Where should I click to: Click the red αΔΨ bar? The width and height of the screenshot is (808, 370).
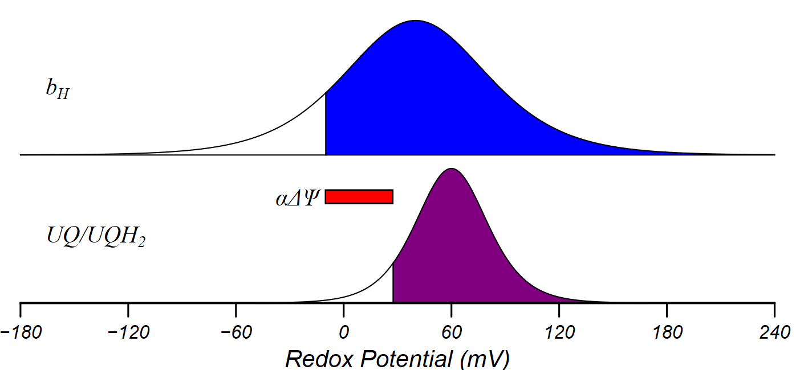[x=359, y=196]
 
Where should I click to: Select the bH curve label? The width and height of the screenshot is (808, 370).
[x=58, y=91]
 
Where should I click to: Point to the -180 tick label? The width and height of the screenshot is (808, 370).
[x=21, y=331]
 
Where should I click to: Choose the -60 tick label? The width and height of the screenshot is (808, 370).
[x=236, y=331]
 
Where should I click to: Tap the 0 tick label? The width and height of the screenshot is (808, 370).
[x=344, y=331]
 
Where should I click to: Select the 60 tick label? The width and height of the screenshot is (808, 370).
[x=452, y=331]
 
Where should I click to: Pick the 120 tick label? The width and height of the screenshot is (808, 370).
[x=559, y=331]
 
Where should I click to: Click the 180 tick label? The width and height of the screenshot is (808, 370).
[x=667, y=331]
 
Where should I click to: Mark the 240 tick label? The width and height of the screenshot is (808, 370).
[x=774, y=331]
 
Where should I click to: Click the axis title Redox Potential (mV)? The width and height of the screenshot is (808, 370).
[x=397, y=359]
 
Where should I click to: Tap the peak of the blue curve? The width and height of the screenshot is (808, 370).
[x=416, y=21]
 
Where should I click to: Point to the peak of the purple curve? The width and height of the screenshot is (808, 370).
[x=452, y=169]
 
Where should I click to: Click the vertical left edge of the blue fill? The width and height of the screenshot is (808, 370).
[x=326, y=125]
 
